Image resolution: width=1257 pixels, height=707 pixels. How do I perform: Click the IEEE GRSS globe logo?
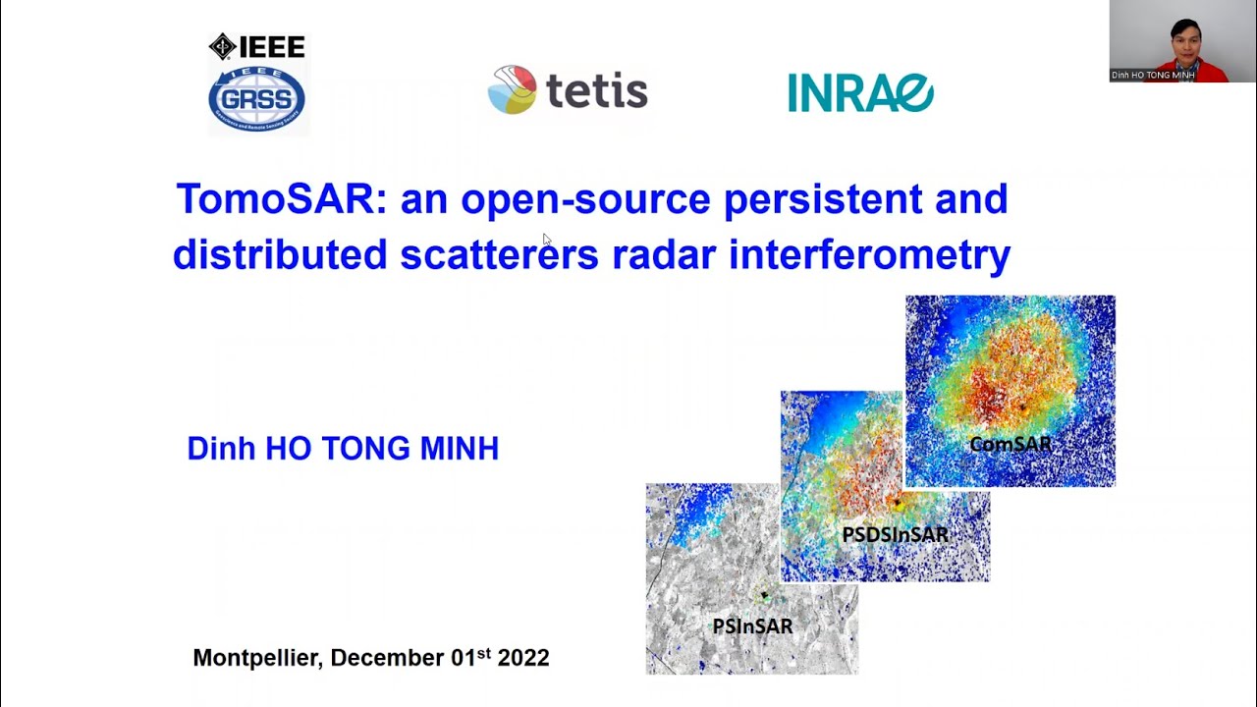coord(256,99)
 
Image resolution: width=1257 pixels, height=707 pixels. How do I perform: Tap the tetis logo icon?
coord(512,89)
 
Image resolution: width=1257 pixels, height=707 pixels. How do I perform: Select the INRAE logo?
coord(860,92)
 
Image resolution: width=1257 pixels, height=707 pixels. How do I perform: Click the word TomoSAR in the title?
coord(274,199)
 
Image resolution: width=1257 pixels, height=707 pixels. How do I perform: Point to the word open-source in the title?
coord(585,199)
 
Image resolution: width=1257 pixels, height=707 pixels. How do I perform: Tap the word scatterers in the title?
coord(499,254)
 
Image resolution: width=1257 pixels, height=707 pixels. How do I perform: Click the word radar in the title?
coord(664,254)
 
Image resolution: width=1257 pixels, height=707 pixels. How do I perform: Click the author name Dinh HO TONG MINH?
coord(343,449)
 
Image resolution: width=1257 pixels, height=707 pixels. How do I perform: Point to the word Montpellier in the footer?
coord(255,658)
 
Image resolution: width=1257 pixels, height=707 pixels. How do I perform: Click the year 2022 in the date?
coord(523,658)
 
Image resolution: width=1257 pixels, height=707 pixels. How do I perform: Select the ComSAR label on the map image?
coord(1011,445)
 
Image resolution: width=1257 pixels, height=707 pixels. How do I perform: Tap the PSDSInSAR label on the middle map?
coord(895,535)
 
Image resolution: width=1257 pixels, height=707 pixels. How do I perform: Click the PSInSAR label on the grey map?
coord(752,625)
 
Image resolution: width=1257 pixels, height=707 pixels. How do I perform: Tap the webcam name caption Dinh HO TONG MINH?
coord(1153,75)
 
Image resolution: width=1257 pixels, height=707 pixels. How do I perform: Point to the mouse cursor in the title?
coord(547,239)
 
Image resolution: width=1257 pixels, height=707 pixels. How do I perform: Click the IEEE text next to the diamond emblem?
coord(272,47)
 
